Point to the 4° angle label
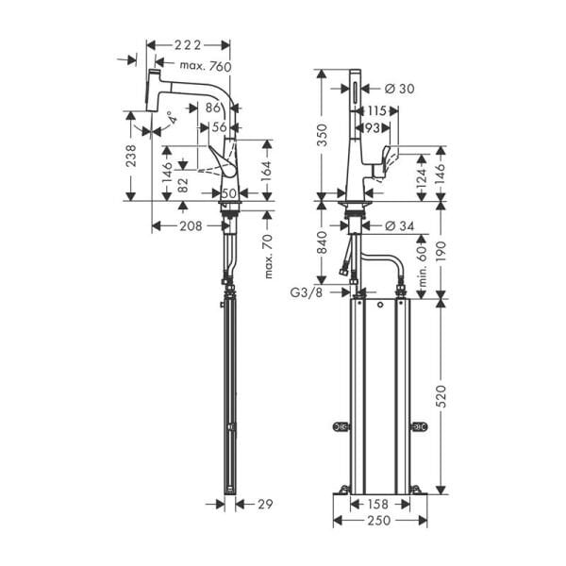coord(168,119)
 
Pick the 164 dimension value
coord(267,170)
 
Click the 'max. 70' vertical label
coord(268,258)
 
